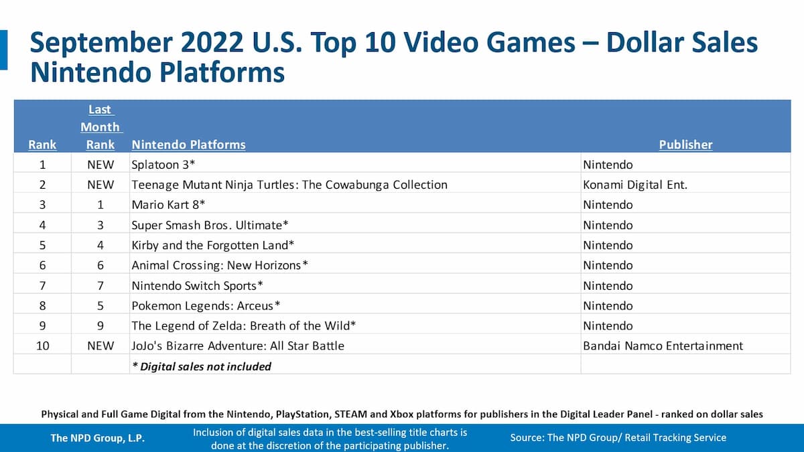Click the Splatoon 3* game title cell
point(161,164)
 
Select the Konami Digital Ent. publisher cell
point(634,184)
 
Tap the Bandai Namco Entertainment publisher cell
point(663,346)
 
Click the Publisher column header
point(685,145)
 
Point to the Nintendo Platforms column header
point(188,145)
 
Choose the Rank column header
point(42,145)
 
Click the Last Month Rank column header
point(100,127)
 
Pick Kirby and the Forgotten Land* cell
point(213,245)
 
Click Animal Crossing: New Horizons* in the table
point(220,265)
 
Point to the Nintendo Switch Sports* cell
point(197,285)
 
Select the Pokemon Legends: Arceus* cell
point(206,305)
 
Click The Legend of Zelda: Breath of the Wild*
point(243,325)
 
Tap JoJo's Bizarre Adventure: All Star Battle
point(238,346)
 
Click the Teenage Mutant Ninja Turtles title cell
point(289,184)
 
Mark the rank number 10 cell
point(42,346)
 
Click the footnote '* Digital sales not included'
point(201,366)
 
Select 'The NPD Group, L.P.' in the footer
point(98,438)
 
